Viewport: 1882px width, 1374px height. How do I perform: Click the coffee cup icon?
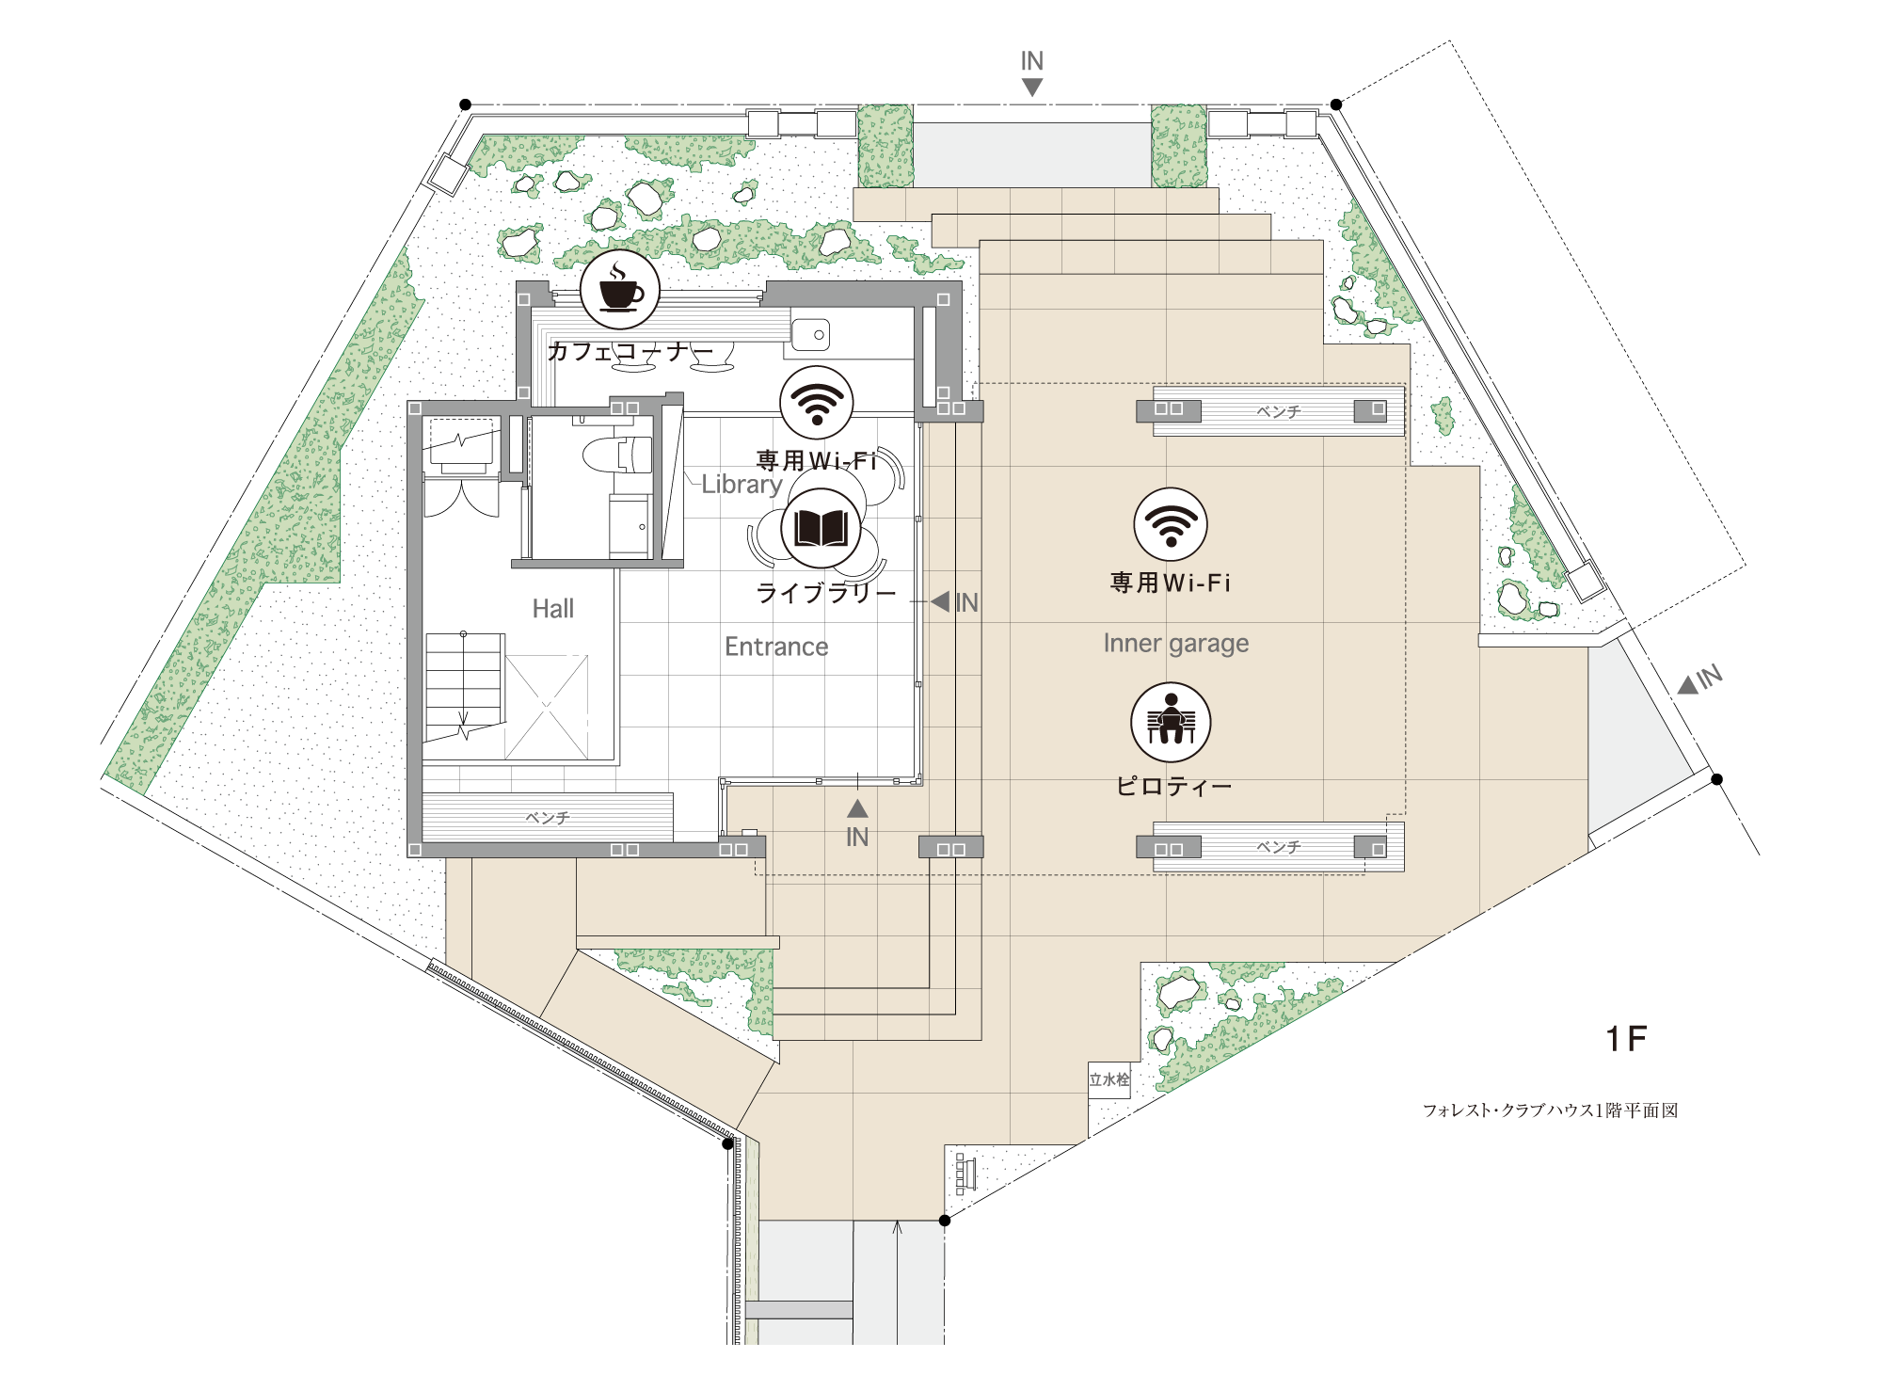click(619, 290)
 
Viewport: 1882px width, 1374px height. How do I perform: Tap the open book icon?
click(821, 528)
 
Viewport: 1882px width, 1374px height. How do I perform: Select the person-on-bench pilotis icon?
click(1171, 723)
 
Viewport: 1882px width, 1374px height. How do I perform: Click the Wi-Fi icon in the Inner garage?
click(1171, 525)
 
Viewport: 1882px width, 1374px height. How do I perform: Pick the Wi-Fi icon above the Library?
click(817, 403)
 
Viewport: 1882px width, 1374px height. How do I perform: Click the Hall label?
click(552, 609)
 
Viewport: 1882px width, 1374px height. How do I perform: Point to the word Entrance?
click(776, 647)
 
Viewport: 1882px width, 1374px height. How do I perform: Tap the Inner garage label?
click(1176, 644)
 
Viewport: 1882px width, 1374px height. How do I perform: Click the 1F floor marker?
click(1626, 1039)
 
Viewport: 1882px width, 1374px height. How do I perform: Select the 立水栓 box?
click(1109, 1079)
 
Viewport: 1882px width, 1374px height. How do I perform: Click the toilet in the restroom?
click(616, 455)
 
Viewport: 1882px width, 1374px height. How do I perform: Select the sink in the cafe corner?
click(810, 334)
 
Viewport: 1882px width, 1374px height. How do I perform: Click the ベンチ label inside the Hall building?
click(548, 818)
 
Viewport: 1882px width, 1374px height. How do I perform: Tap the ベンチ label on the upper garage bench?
click(1279, 412)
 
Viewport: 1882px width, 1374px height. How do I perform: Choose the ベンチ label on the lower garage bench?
click(1279, 847)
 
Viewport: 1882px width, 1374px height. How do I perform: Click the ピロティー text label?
click(1173, 786)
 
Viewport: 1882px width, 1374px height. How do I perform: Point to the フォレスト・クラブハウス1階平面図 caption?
click(1550, 1110)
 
